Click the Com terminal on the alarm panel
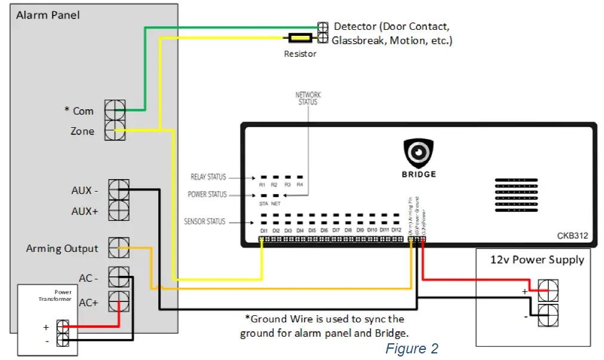[115, 110]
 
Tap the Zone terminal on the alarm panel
[115, 130]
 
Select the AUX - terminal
[119, 190]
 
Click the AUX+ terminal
[119, 211]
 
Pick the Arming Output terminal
[119, 247]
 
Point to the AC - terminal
[119, 277]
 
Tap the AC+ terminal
[119, 301]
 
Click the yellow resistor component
[300, 38]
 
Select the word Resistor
[300, 54]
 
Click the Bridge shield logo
[418, 153]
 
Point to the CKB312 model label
[572, 236]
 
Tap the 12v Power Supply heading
[537, 260]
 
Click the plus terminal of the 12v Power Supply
[548, 291]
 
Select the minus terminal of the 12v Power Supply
[548, 315]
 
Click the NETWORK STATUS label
[308, 99]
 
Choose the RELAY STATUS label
[208, 177]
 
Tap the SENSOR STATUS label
[205, 221]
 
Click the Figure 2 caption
[412, 349]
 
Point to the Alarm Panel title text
[47, 14]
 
